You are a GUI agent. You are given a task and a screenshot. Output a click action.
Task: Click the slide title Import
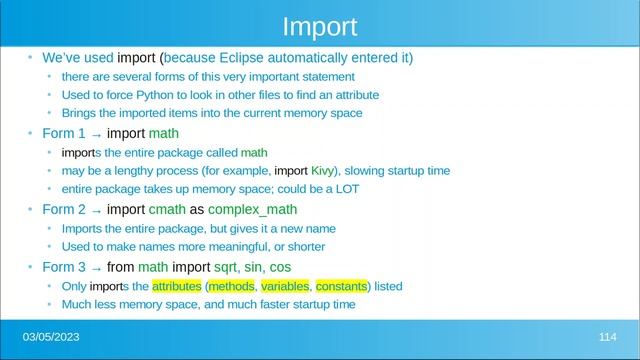click(x=320, y=25)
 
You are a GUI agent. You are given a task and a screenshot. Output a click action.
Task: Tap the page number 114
click(x=607, y=333)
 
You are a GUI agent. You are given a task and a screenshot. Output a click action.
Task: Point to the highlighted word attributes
click(x=176, y=286)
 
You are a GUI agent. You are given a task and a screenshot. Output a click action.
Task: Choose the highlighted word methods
click(x=233, y=286)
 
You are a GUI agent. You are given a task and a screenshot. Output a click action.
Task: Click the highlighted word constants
click(x=342, y=286)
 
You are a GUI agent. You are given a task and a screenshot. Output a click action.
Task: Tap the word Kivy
click(x=323, y=171)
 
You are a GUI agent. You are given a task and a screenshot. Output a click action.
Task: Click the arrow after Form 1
click(x=94, y=134)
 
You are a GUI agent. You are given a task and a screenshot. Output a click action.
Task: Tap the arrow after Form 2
click(x=94, y=210)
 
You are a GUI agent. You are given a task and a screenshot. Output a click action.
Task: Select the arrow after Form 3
click(x=94, y=267)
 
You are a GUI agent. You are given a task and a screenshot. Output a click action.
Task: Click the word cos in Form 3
click(x=280, y=267)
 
